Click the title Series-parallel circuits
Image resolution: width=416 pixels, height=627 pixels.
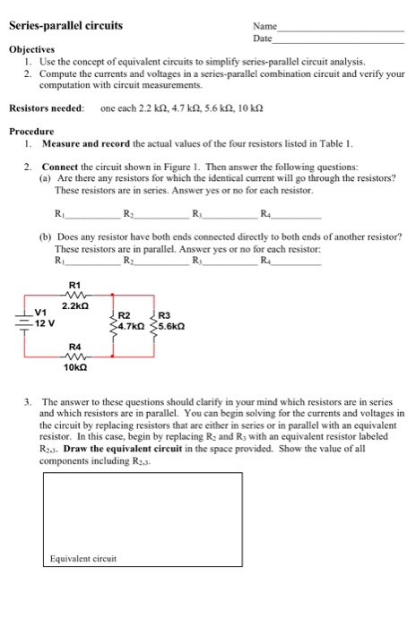(65, 25)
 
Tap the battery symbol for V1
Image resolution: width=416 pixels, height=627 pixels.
(22, 319)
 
